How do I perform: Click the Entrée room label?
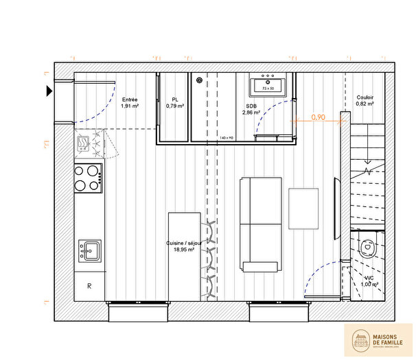(130, 103)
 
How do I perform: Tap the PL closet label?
(175, 103)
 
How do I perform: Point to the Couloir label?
(365, 100)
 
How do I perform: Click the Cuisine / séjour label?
(180, 247)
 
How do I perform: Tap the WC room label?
(369, 280)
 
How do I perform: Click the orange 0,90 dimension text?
(319, 117)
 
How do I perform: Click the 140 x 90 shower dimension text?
(227, 138)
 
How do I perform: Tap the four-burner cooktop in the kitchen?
(88, 177)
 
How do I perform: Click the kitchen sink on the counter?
(89, 250)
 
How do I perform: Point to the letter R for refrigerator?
(89, 286)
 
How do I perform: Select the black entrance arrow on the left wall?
(49, 91)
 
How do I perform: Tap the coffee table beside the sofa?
(303, 208)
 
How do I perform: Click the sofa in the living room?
(260, 224)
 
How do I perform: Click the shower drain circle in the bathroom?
(200, 80)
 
